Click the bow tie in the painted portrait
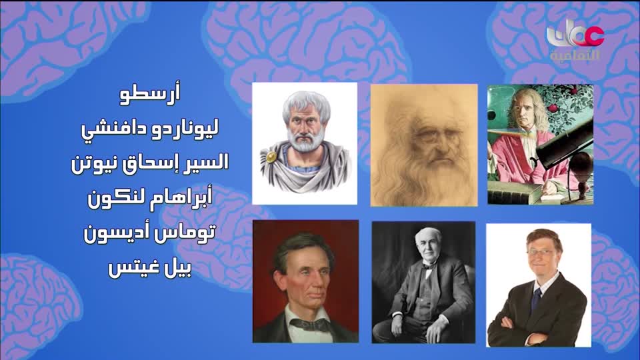(x=309, y=324)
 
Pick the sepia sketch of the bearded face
(x=424, y=145)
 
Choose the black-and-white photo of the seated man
(x=423, y=281)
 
